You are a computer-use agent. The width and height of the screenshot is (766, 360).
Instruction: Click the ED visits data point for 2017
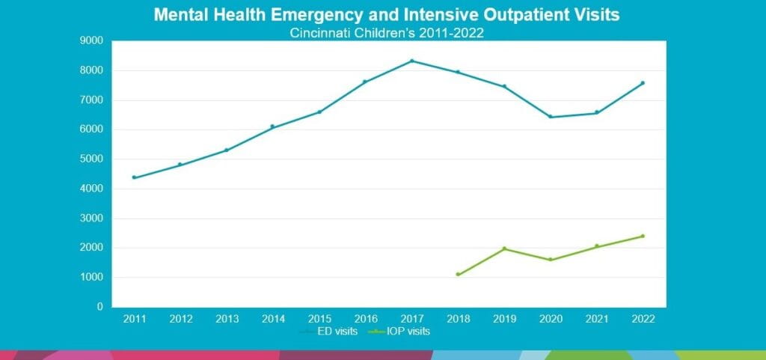pos(411,61)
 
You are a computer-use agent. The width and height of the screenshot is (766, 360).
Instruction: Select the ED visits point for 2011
pos(134,177)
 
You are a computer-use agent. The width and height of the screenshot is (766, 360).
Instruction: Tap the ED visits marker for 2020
pos(551,117)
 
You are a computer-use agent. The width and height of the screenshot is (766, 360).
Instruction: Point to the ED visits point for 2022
pos(643,83)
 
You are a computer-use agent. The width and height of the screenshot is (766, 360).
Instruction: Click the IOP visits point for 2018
pos(458,275)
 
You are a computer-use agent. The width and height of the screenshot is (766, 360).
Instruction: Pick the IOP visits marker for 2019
pos(504,248)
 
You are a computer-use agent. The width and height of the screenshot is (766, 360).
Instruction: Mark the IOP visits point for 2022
pos(643,236)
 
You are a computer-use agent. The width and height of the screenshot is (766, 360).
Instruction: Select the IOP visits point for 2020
pos(551,260)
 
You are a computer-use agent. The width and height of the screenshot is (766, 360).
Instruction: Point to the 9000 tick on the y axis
pos(93,41)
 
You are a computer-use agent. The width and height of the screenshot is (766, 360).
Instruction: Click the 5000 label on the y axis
pos(93,159)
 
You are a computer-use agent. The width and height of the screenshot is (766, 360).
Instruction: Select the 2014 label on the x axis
pos(273,319)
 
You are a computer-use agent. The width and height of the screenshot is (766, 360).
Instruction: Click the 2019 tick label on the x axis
pos(504,319)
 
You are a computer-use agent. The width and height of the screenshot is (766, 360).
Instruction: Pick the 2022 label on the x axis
pos(643,319)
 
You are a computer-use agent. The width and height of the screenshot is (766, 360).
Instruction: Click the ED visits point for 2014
pos(272,126)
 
